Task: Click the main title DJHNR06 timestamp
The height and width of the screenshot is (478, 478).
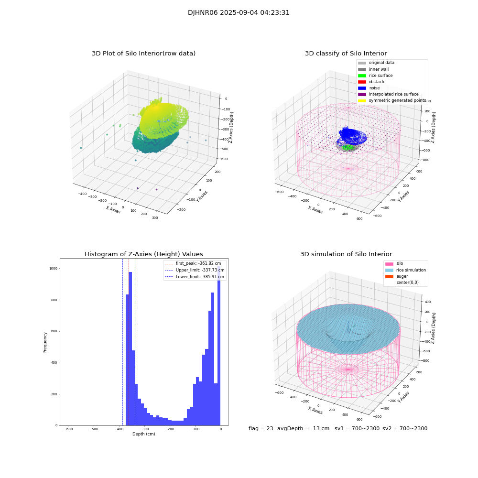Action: coord(239,13)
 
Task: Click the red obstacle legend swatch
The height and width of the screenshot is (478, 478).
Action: coord(362,82)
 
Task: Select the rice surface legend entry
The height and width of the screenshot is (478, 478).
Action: coord(380,76)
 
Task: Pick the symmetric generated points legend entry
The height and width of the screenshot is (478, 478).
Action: coord(397,101)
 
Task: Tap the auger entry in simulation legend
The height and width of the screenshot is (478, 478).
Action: coord(402,276)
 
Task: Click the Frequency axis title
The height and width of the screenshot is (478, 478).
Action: coord(45,342)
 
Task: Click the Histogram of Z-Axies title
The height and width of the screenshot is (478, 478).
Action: coord(143,254)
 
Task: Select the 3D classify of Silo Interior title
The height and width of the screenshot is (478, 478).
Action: coord(346,54)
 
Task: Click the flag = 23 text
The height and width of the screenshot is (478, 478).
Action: coord(261,429)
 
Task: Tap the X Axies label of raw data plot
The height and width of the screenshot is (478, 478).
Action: coord(113,210)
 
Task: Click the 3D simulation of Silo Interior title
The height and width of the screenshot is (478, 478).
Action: coord(346,254)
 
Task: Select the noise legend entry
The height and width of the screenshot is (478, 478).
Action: coord(374,88)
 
